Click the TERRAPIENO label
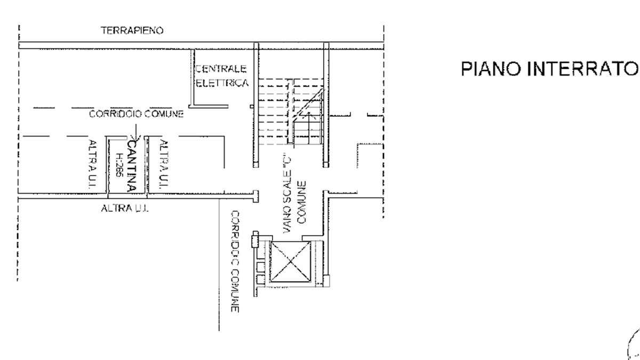point(132,30)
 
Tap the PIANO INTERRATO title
point(550,69)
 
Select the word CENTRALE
point(221,69)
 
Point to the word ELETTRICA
point(222,83)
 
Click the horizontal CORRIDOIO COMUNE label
point(137,114)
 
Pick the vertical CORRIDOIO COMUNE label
point(235,261)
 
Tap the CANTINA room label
point(131,166)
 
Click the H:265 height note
point(119,165)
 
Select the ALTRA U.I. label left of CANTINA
point(92,164)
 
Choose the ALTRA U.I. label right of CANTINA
point(164,164)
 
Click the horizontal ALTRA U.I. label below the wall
point(125,209)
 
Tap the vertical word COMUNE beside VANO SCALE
point(301,202)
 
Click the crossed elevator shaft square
point(291,262)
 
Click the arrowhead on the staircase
point(309,114)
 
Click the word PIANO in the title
point(491,69)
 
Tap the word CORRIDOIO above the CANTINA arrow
point(115,114)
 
